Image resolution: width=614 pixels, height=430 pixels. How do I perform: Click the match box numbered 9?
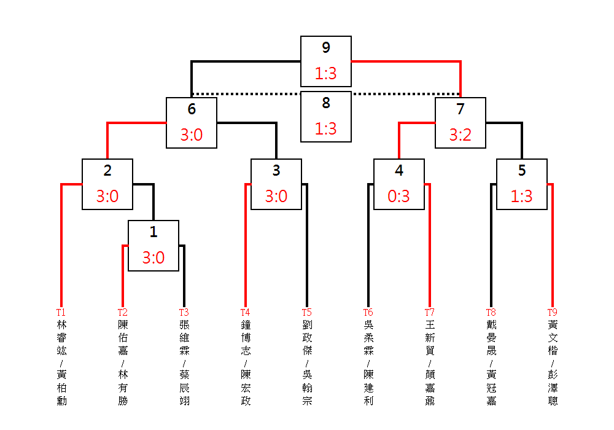point(326,61)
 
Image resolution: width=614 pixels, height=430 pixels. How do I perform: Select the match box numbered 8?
point(326,117)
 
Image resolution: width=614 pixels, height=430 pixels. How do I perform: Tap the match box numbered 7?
point(460,123)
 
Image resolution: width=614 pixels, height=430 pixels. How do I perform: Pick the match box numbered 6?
point(192,123)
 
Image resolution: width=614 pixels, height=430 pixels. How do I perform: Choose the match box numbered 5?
point(522,184)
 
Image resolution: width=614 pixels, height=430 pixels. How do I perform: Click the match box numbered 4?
point(399,184)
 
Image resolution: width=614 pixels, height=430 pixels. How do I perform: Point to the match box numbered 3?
point(276,184)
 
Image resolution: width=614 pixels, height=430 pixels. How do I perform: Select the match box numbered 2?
point(107,184)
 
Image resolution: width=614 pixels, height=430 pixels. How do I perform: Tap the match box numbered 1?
point(153,246)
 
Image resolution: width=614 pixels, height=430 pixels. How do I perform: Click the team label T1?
point(61,313)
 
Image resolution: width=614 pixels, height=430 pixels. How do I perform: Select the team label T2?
point(122,313)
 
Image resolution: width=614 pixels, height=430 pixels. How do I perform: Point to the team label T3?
point(184,313)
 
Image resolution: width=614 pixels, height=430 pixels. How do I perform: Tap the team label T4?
point(245,313)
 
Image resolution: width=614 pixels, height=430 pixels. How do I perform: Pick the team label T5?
point(306,313)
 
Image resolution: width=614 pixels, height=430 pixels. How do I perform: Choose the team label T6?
point(368,313)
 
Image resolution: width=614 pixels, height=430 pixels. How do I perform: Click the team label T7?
point(429,313)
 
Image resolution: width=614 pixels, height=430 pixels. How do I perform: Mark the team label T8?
point(491,313)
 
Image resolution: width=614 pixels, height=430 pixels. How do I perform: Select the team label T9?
point(552,313)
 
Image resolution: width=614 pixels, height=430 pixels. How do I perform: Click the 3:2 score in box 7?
point(460,135)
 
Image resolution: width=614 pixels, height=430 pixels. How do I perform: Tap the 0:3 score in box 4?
point(399,197)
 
